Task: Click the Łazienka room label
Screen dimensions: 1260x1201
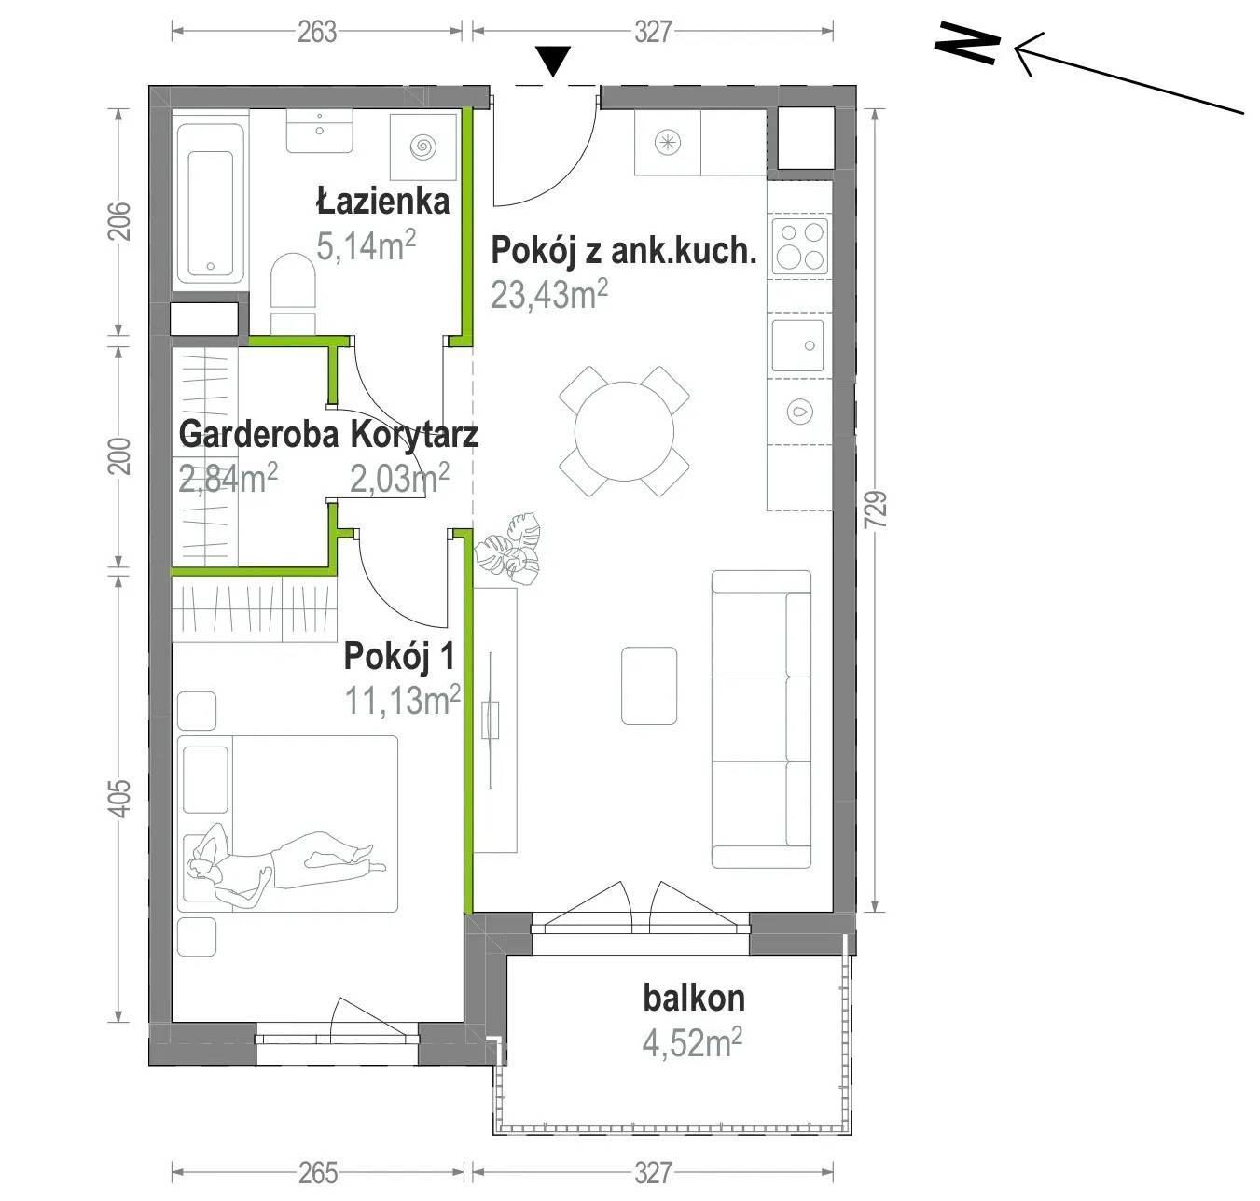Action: [x=382, y=202]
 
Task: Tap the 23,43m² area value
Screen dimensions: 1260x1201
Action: [x=548, y=294]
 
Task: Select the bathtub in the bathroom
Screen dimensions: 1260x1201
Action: [x=210, y=204]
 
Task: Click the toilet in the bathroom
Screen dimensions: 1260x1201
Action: [x=293, y=292]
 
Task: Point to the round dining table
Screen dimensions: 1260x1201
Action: [x=624, y=431]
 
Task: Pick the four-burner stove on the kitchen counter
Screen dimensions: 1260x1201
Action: [x=800, y=247]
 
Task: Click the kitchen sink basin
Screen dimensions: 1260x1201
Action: [x=797, y=345]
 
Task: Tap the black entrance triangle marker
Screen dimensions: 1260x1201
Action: [x=553, y=61]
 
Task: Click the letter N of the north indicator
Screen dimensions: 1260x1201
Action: [x=966, y=43]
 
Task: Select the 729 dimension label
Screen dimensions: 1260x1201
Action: [x=879, y=510]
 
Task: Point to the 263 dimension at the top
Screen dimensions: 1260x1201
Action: [x=316, y=32]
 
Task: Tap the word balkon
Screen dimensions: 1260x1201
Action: [x=694, y=999]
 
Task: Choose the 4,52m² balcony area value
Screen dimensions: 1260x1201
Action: [x=692, y=1042]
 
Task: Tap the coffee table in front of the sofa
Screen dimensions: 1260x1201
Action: [x=649, y=686]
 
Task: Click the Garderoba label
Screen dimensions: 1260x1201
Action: [x=259, y=434]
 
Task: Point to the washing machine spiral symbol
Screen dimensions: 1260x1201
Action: [x=423, y=147]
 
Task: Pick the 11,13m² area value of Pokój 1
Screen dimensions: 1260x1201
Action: [x=403, y=700]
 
